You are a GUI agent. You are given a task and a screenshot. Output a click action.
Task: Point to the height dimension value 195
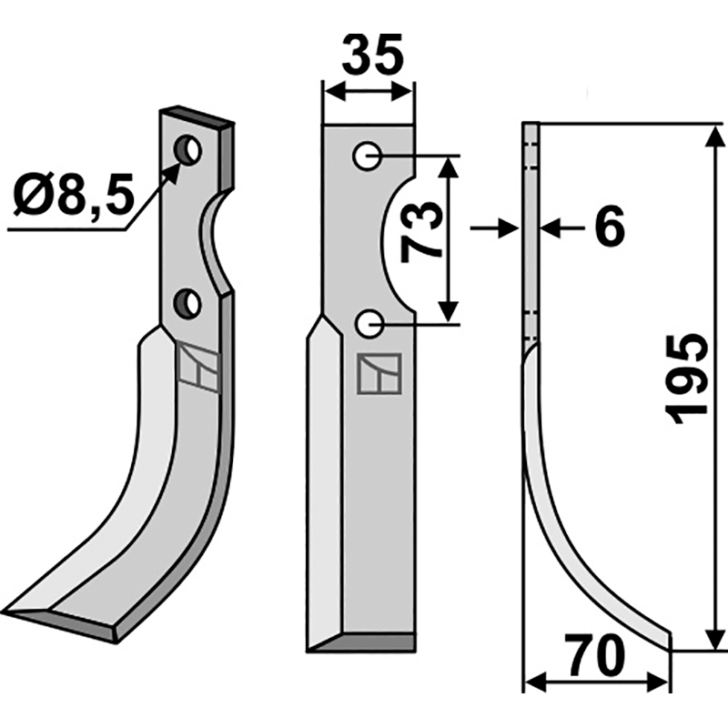point(688,377)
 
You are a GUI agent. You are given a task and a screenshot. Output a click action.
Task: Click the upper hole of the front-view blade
point(368,157)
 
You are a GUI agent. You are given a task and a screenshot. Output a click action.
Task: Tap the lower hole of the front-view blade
point(368,322)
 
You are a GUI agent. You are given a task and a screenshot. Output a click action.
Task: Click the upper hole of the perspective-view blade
point(189,149)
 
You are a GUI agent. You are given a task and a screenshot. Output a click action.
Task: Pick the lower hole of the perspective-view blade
point(189,303)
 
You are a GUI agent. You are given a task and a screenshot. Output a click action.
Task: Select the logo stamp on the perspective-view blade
point(198,366)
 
